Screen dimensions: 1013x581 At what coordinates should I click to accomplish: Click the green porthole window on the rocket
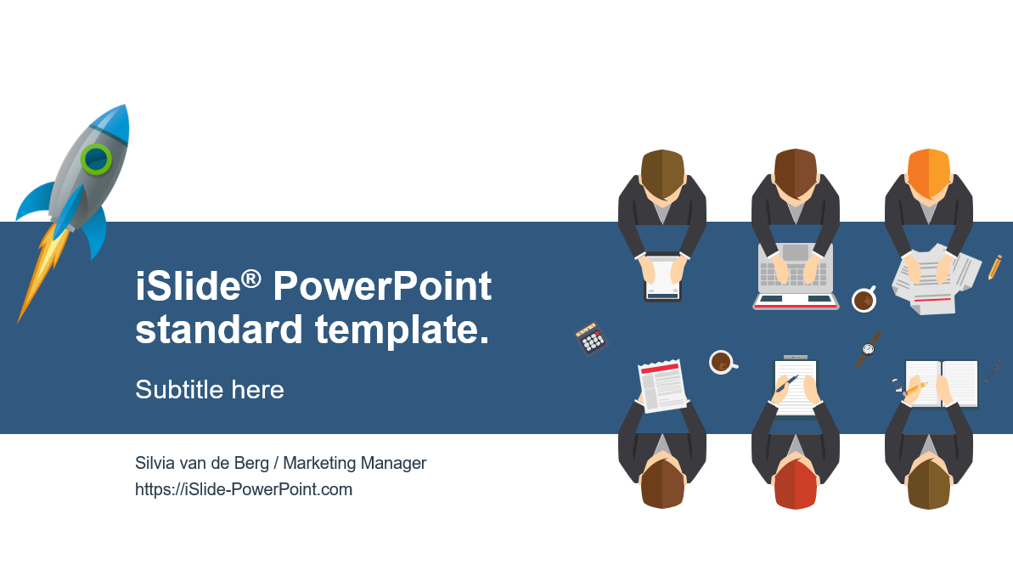click(x=96, y=158)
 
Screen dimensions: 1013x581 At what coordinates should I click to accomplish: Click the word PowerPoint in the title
click(x=382, y=285)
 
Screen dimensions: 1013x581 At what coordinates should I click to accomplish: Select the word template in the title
click(x=402, y=330)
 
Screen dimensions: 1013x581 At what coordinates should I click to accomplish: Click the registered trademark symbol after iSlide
click(x=251, y=279)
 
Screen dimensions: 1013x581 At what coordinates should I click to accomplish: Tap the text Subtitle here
click(x=210, y=390)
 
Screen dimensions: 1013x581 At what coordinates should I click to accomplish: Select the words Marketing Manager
click(x=355, y=464)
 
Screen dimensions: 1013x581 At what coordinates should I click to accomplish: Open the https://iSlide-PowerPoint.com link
click(x=244, y=489)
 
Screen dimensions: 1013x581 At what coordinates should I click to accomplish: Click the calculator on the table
click(x=591, y=338)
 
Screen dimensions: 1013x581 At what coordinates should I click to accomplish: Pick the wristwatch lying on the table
click(x=869, y=349)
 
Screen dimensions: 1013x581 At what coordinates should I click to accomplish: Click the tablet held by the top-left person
click(x=662, y=277)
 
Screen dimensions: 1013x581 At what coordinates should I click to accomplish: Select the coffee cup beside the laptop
click(x=864, y=300)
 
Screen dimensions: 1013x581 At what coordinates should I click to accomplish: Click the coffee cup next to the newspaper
click(x=723, y=362)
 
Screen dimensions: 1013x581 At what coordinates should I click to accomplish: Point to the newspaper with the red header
click(x=662, y=386)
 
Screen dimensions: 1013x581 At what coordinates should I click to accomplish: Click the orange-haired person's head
click(x=928, y=172)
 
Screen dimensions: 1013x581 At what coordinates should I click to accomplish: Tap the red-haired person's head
click(x=796, y=485)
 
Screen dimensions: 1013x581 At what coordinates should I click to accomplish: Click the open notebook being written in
click(x=942, y=384)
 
